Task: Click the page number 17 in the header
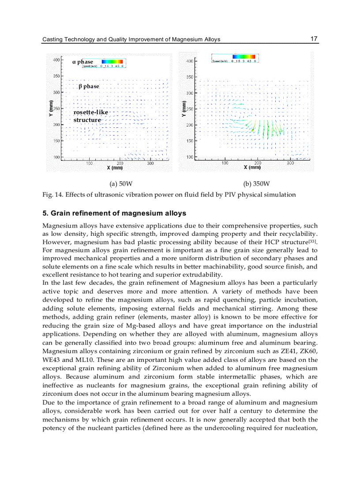314,39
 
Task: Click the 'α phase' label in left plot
82,62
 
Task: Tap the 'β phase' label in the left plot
89,86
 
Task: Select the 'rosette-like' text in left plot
90,112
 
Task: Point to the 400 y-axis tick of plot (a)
57,60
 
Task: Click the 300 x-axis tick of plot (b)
290,163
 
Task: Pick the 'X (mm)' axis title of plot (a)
115,168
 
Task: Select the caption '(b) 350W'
256,184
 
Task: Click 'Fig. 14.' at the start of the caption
52,194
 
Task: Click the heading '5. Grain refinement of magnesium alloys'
114,213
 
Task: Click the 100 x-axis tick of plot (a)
89,163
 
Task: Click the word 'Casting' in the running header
52,39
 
